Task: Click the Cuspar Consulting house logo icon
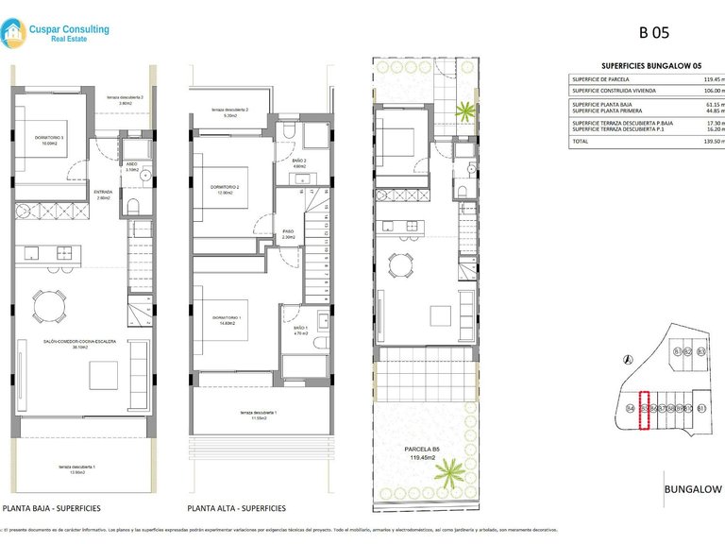click(x=14, y=34)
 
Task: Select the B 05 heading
click(x=654, y=32)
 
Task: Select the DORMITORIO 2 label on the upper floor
click(x=225, y=187)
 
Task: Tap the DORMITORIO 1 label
click(x=226, y=317)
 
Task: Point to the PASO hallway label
click(x=289, y=232)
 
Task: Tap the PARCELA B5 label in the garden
click(x=423, y=449)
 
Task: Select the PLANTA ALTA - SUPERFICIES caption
click(x=236, y=508)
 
